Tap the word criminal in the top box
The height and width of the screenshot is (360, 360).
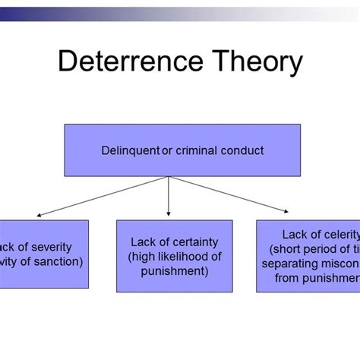[x=194, y=150]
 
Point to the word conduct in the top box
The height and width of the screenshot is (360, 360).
[x=242, y=150]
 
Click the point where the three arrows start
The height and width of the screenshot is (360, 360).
[x=168, y=177]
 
